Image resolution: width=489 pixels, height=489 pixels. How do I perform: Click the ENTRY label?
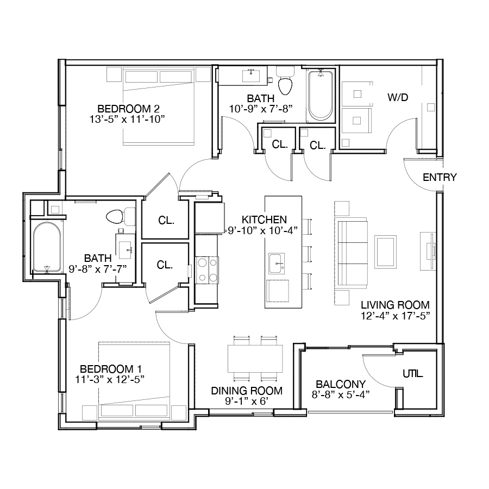point(440,178)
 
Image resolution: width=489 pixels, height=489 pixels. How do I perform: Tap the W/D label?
point(398,97)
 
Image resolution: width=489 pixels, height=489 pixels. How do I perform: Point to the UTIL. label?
point(413,374)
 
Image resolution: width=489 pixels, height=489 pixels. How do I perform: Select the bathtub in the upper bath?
point(320,96)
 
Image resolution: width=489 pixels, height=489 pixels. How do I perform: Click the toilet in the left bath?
point(121,216)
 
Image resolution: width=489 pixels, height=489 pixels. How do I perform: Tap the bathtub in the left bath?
point(47,247)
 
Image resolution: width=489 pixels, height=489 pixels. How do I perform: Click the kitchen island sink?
point(277,264)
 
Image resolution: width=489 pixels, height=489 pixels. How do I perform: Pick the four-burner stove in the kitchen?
point(207,270)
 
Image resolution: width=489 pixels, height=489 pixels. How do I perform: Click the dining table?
point(255,359)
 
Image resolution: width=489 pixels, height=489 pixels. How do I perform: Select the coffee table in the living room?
point(385,252)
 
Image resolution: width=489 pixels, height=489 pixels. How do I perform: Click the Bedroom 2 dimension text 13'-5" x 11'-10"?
point(127,119)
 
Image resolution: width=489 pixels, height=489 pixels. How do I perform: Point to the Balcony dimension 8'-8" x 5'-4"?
point(341,395)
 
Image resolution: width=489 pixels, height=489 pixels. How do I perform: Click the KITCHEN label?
point(264,220)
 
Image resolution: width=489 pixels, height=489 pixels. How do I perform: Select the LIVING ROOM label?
point(395,305)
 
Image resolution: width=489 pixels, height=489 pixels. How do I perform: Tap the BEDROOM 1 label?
point(111,369)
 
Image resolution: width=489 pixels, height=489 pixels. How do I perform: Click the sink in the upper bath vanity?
point(251,76)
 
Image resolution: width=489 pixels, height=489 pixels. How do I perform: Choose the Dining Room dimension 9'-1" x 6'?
point(247,401)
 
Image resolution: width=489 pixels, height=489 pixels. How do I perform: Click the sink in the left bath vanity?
point(126,247)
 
